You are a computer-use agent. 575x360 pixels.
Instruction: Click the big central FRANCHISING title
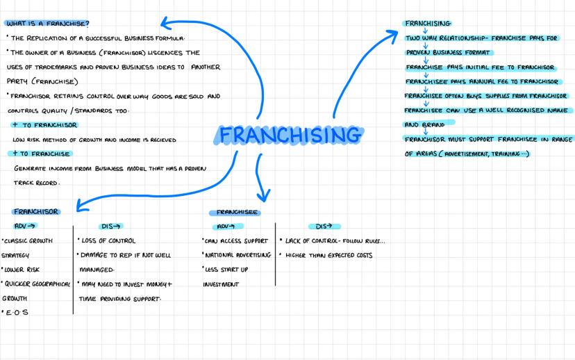(290, 134)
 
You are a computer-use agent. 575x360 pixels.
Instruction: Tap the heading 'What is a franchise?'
(48, 24)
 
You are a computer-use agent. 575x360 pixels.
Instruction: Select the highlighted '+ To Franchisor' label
(44, 125)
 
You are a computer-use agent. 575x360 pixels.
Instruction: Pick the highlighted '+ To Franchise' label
(41, 154)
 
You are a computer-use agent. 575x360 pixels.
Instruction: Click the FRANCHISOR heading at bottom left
(36, 212)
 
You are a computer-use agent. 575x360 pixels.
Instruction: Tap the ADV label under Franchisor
(24, 226)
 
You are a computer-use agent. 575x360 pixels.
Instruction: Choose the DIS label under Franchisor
(110, 227)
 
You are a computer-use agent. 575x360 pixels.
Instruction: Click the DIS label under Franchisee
(324, 227)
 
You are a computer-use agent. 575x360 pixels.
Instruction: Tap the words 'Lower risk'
(22, 270)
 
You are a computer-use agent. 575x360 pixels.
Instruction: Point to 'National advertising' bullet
(238, 255)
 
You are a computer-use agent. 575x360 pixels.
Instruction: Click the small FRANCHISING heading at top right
(428, 24)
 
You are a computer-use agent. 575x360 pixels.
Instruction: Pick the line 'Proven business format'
(448, 53)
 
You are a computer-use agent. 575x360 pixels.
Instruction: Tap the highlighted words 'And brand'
(424, 125)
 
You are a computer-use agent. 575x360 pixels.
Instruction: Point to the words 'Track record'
(36, 183)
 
